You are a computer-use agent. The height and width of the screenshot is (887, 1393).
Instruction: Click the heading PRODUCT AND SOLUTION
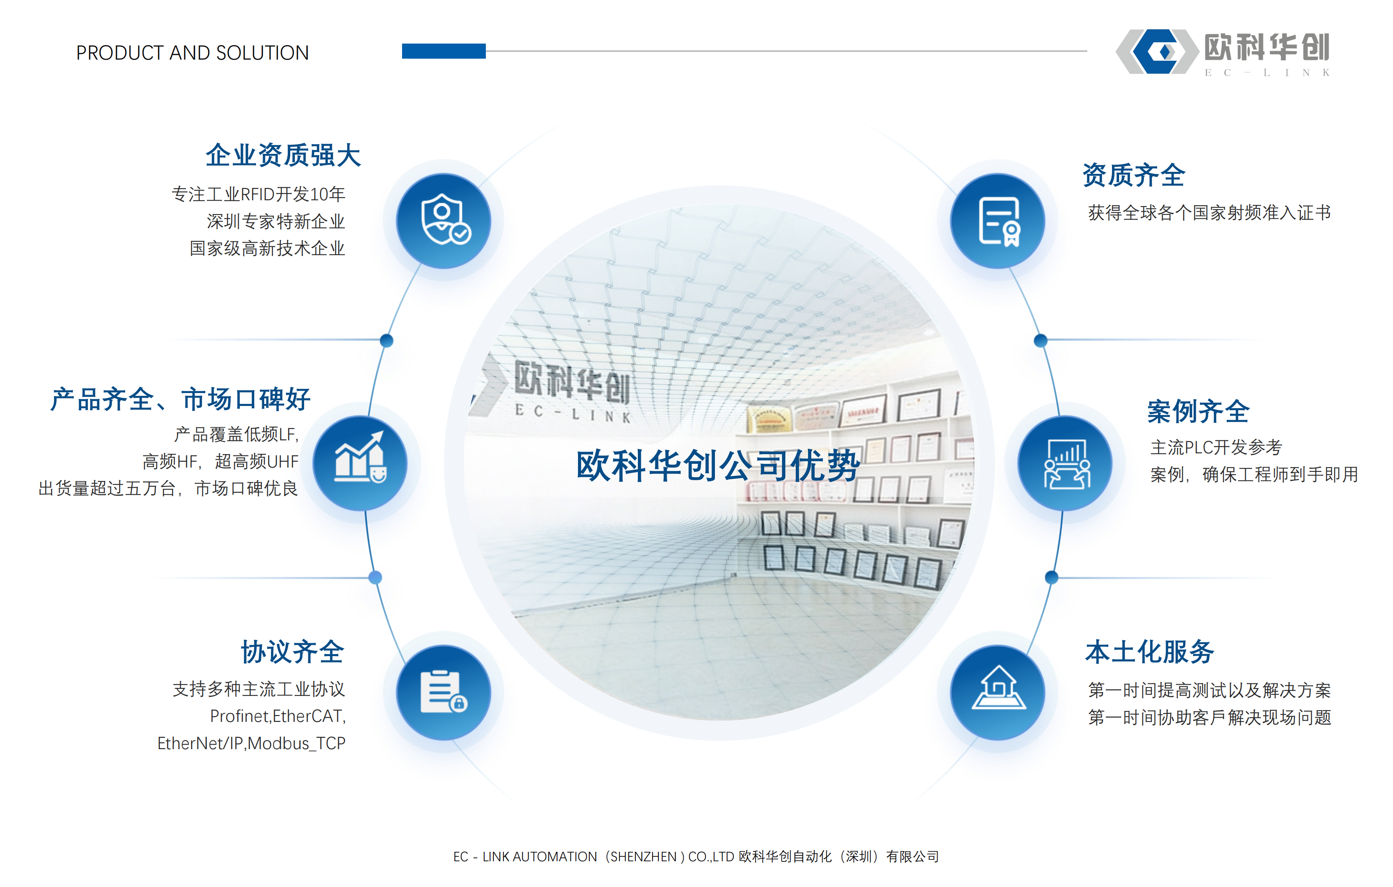pos(193,53)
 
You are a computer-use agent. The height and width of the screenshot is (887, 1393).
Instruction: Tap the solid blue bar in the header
pos(444,51)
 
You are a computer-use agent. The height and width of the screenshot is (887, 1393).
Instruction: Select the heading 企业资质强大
pos(283,155)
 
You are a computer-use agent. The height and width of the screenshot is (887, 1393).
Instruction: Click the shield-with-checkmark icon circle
pos(443,221)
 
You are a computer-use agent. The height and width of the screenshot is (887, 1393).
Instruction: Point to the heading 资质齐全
pos(1134,175)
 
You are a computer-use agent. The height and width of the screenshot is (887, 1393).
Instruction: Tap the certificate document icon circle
pos(998,221)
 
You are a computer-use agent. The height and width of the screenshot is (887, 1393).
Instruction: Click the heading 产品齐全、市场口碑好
pos(181,399)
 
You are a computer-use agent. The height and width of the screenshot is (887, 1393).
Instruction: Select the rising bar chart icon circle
pos(360,463)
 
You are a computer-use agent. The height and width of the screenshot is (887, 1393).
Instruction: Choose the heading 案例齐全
pos(1198,411)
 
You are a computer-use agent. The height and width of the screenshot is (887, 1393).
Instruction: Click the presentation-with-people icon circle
pos(1065,463)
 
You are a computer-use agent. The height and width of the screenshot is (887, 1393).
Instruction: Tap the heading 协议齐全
pos(293,652)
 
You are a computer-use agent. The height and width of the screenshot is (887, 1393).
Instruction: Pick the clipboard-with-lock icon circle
pos(443,692)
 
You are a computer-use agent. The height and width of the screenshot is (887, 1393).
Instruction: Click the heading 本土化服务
pos(1150,652)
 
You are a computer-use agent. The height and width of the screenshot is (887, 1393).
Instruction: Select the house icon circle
pos(998,692)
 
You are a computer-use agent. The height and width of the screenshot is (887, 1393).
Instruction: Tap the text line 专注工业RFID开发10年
pos(258,194)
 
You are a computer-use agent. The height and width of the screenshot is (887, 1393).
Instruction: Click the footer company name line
pos(696,856)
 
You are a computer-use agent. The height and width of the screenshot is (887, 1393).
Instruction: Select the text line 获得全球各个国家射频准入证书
pos(1210,212)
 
